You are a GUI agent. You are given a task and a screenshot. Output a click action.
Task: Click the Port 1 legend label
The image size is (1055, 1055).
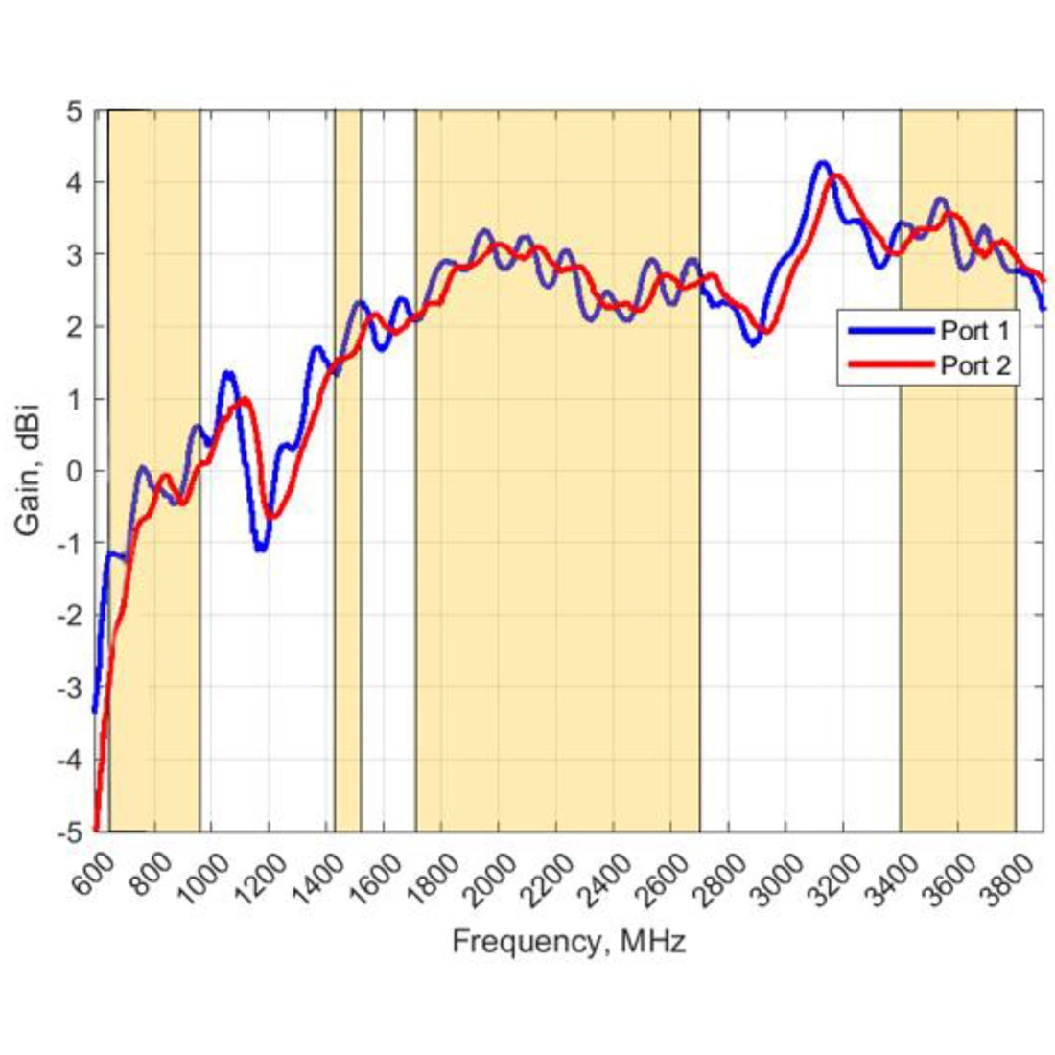[x=974, y=331]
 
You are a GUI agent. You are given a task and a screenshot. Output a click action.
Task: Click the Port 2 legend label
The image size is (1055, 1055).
[x=974, y=365]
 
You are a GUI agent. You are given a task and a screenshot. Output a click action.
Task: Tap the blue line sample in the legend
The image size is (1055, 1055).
[x=888, y=331]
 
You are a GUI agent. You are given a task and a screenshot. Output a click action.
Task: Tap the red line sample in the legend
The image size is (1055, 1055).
[x=888, y=364]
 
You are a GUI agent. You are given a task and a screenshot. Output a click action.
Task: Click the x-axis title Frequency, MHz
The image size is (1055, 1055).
[x=569, y=941]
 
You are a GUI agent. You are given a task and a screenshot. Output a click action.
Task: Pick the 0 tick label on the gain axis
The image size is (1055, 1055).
[x=76, y=471]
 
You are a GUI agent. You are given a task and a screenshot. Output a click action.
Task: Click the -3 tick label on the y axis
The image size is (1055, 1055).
[x=72, y=688]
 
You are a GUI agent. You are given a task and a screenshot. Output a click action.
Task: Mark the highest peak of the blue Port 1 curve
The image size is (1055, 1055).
[x=821, y=163]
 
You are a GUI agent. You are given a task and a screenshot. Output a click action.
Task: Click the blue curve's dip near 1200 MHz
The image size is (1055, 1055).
[x=261, y=549]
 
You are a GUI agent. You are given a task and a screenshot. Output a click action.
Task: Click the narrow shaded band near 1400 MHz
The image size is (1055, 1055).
[x=347, y=470]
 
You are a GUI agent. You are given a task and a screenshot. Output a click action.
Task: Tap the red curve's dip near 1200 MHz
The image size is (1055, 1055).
[x=273, y=518]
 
